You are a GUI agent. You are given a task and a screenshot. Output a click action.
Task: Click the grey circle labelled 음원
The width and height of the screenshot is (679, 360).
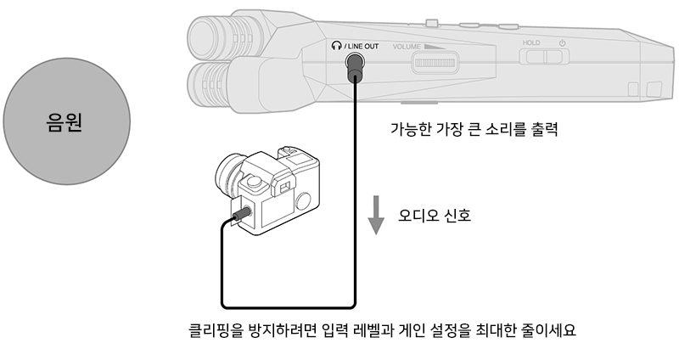(67, 121)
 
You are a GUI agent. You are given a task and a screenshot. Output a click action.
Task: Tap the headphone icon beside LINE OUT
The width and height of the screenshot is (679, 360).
(336, 46)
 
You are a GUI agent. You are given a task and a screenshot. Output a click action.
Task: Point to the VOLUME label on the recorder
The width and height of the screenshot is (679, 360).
(407, 47)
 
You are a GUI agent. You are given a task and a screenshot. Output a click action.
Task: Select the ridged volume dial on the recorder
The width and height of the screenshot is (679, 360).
(435, 62)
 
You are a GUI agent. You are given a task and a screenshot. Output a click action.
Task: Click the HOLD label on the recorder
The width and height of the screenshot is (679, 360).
(531, 43)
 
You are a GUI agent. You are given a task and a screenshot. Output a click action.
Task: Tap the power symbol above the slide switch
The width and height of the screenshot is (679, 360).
(562, 43)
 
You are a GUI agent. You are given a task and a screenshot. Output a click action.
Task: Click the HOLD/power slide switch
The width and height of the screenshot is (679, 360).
(544, 57)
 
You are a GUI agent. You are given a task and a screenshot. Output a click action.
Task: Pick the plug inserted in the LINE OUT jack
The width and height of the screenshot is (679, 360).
(355, 67)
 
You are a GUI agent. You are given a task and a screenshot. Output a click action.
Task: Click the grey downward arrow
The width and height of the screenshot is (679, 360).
(376, 215)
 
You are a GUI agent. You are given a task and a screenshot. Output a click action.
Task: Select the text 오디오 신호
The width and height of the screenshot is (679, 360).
(435, 216)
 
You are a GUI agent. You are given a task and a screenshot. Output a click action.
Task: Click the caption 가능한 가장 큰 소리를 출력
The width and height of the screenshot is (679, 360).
(474, 129)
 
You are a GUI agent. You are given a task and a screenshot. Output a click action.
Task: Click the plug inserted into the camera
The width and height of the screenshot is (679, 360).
(242, 214)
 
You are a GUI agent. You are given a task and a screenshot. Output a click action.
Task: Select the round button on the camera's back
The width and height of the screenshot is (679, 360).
(303, 201)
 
